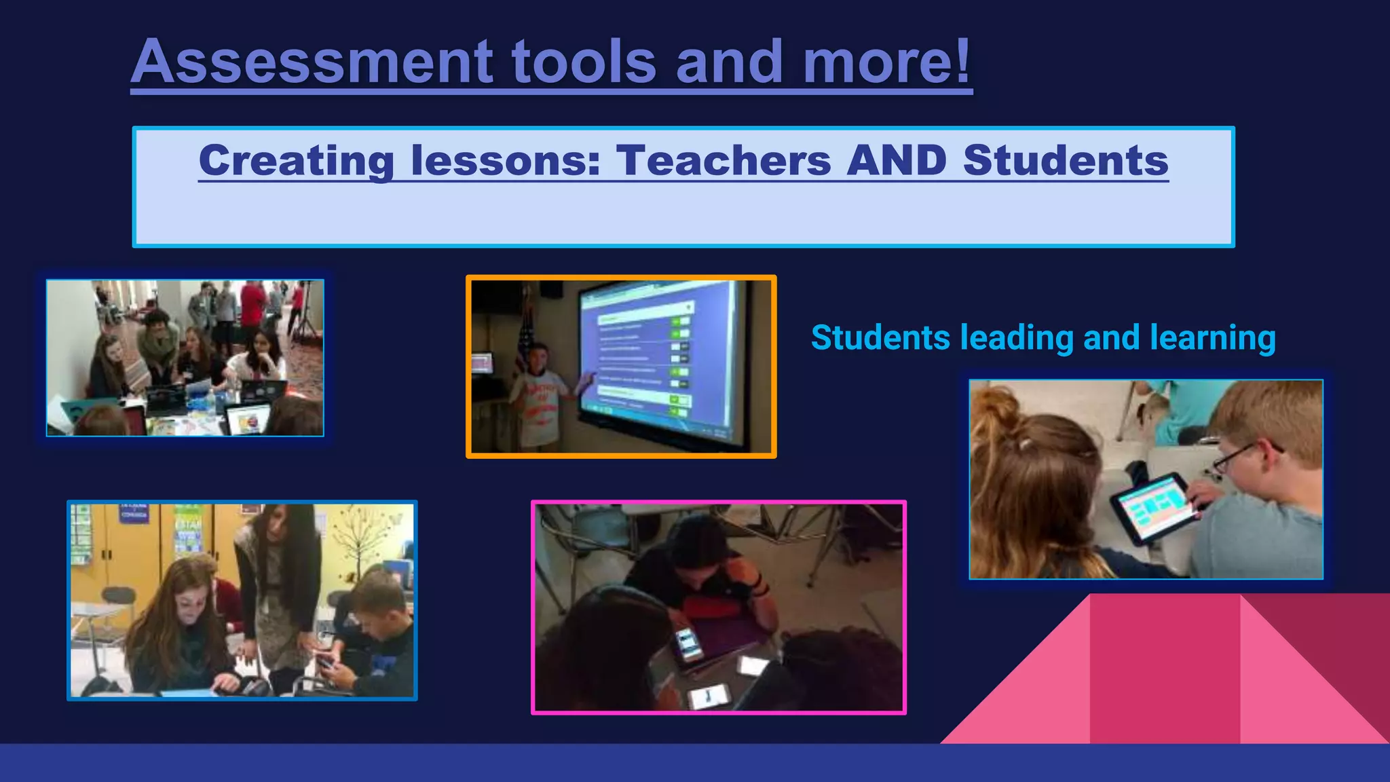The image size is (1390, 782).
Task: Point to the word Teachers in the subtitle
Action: coord(724,161)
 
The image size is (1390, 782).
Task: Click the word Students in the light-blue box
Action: coord(1066,161)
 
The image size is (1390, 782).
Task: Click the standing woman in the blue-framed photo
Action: coord(278,584)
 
